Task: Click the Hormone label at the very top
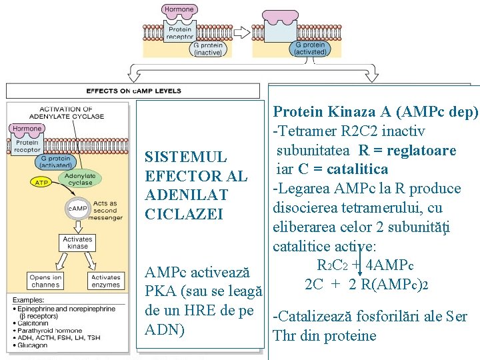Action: (179, 9)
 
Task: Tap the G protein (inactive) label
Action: (207, 49)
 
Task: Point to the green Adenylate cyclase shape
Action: (79, 178)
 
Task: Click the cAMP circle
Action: (77, 209)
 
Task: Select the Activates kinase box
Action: (77, 243)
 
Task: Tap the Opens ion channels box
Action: (46, 281)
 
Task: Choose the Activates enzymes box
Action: (105, 281)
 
